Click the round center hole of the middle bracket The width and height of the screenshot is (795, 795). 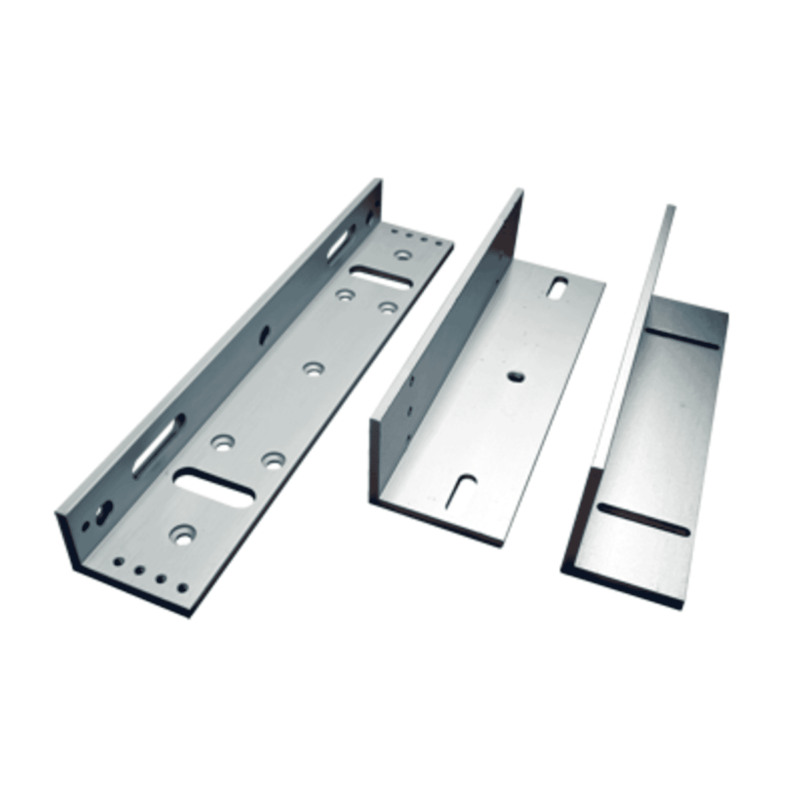coord(515,377)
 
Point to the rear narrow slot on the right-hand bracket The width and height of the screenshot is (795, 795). coord(685,342)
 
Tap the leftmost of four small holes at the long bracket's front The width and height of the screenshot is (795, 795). coord(118,561)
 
